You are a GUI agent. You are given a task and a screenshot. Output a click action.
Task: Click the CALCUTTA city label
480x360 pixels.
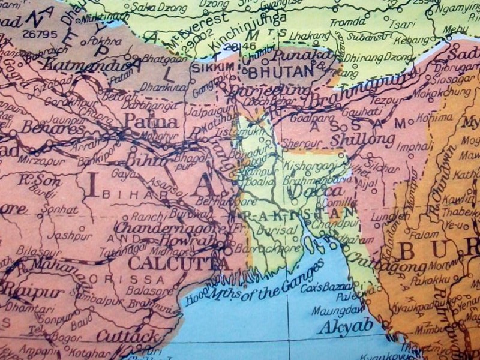click(177, 263)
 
